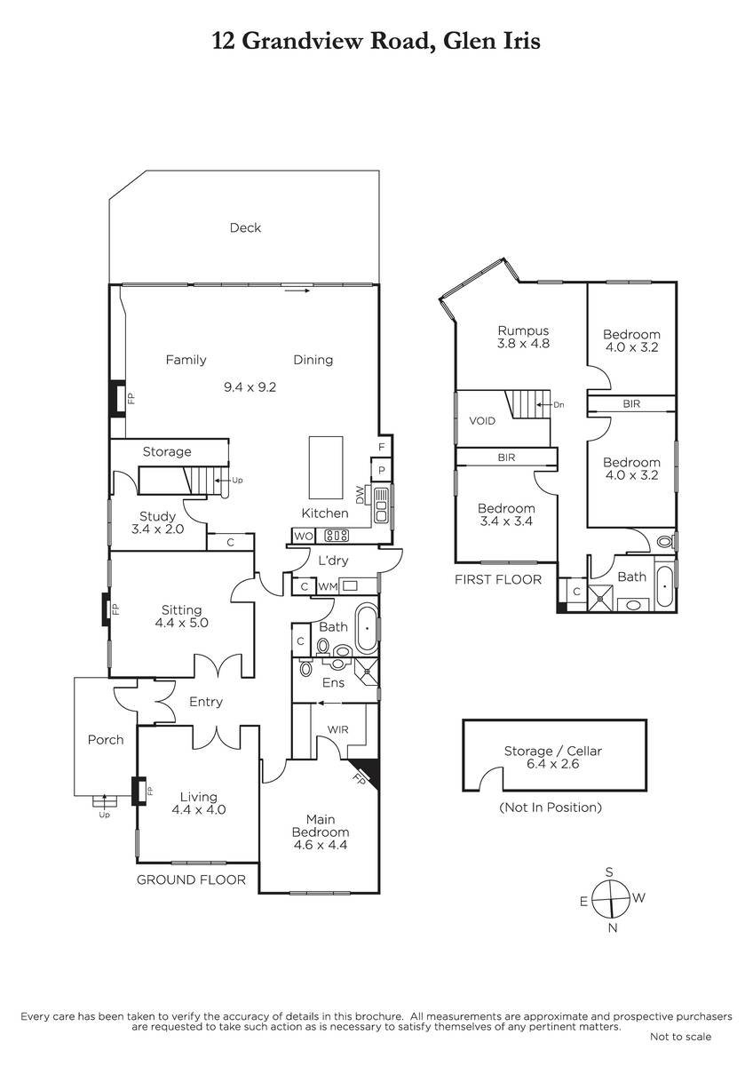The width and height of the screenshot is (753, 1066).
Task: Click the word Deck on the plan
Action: pyautogui.click(x=245, y=227)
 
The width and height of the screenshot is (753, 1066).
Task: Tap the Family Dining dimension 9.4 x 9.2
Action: pyautogui.click(x=250, y=387)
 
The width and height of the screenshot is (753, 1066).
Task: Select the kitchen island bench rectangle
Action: pyautogui.click(x=326, y=467)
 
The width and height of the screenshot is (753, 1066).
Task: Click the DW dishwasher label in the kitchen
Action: pyautogui.click(x=360, y=495)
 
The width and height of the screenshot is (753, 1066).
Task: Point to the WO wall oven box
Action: pyautogui.click(x=303, y=536)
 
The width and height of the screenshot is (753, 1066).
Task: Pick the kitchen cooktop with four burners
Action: pyautogui.click(x=337, y=536)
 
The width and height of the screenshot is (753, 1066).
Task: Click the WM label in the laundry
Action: pyautogui.click(x=328, y=587)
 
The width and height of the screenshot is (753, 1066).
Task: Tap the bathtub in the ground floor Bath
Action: pyautogui.click(x=367, y=629)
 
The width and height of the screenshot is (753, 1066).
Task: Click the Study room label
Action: pyautogui.click(x=157, y=516)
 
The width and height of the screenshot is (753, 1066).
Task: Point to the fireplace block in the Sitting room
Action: pyautogui.click(x=106, y=609)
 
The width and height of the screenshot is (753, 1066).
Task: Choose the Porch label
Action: pyautogui.click(x=106, y=739)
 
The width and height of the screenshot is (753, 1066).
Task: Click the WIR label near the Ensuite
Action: pyautogui.click(x=337, y=729)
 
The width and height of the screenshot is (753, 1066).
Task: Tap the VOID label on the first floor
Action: pyautogui.click(x=482, y=421)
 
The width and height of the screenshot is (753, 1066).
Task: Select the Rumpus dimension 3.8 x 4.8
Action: pyautogui.click(x=523, y=343)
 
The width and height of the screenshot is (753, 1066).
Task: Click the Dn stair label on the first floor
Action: pyautogui.click(x=559, y=405)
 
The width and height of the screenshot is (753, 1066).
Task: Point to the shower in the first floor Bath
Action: pyautogui.click(x=602, y=597)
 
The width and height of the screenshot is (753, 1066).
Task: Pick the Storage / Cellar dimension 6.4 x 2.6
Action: pyautogui.click(x=552, y=764)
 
